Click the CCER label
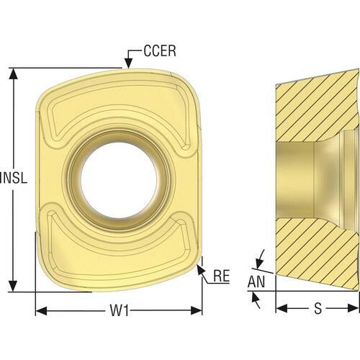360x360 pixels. click(160, 51)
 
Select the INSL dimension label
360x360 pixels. click(14, 178)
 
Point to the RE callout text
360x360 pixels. click(222, 276)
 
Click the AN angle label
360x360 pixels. click(256, 282)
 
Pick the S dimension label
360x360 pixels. click(318, 308)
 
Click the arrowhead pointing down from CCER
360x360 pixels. click(129, 64)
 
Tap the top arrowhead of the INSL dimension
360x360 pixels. click(13, 73)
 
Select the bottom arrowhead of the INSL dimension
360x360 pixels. click(13, 287)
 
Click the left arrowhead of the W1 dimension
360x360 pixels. click(41, 310)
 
